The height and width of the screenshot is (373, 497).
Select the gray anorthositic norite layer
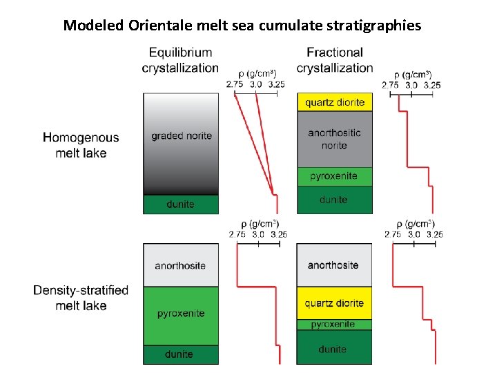click(x=334, y=139)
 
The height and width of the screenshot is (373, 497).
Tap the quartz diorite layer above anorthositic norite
click(x=334, y=102)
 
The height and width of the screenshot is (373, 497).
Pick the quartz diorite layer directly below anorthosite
click(x=334, y=303)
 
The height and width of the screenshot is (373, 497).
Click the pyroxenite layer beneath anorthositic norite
click(x=334, y=176)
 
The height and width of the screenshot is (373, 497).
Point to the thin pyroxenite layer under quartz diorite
click(x=334, y=324)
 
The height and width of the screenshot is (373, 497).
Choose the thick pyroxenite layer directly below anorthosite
click(x=181, y=314)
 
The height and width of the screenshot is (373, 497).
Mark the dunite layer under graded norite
click(x=181, y=204)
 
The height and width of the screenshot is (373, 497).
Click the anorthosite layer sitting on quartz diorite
click(x=334, y=265)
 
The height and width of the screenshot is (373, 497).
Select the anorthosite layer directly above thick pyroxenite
click(x=181, y=265)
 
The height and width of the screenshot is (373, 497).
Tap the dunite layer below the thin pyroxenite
click(x=334, y=348)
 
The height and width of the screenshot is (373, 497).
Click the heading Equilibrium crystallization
click(x=180, y=60)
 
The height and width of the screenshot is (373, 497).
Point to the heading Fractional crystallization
click(x=335, y=60)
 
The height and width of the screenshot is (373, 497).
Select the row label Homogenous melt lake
click(x=81, y=145)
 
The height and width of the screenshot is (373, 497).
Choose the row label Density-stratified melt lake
click(x=81, y=298)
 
